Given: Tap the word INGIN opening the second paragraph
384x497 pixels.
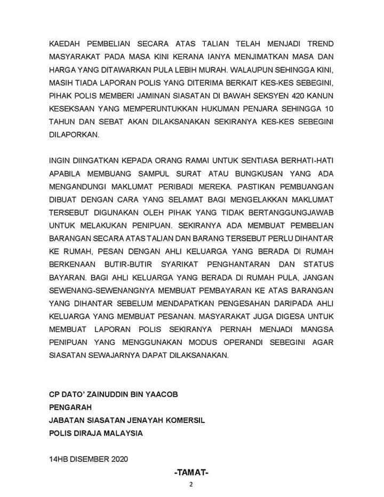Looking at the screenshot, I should tap(59, 161).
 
